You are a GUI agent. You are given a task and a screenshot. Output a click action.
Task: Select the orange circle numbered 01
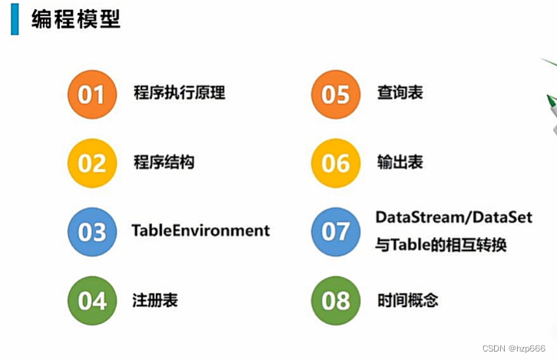[92, 94]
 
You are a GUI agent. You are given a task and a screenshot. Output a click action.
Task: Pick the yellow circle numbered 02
[92, 163]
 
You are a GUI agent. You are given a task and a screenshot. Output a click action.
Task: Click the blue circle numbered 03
[92, 231]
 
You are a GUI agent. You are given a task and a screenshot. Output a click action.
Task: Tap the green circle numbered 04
[92, 300]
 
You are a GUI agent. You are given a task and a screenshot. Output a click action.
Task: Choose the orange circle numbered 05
[336, 94]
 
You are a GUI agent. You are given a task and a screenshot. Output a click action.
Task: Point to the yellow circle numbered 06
[336, 163]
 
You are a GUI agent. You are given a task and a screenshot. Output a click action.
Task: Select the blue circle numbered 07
[336, 231]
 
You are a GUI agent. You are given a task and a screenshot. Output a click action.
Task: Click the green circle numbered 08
[336, 300]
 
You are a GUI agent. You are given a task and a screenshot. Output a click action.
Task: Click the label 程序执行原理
[179, 94]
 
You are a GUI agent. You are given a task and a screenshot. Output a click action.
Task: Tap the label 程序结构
[164, 162]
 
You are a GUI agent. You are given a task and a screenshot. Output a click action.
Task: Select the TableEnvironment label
[201, 230]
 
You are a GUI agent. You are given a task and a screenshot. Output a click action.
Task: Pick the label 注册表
[155, 299]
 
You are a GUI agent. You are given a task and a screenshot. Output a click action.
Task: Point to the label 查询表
[400, 94]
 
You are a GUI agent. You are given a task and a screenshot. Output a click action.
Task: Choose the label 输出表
[400, 162]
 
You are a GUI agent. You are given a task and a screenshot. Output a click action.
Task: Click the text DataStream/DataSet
[454, 218]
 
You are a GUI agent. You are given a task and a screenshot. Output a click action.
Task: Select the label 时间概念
[408, 299]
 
